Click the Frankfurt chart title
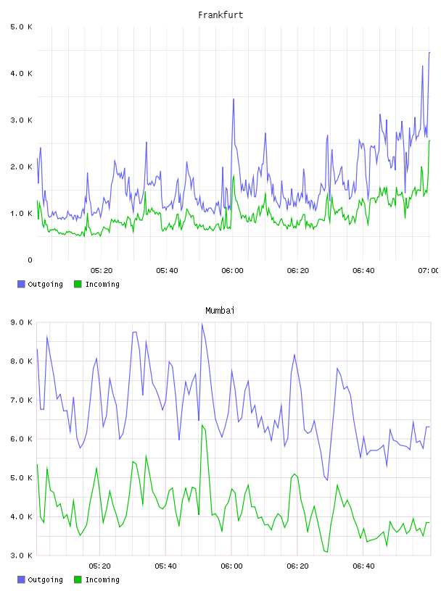tap(220, 15)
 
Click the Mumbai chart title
tap(220, 311)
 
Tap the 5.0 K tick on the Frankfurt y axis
tap(21, 27)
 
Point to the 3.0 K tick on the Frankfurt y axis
tap(21, 120)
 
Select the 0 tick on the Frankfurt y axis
tap(30, 260)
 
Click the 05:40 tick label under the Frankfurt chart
tap(167, 271)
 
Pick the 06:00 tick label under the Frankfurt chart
tap(232, 271)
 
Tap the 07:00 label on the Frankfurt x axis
tap(428, 271)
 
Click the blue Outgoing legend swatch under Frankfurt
tap(21, 284)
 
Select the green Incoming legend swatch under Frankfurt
tap(78, 284)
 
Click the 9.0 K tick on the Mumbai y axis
tap(21, 322)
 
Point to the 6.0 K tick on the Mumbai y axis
tap(21, 439)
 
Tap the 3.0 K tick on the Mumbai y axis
tap(21, 556)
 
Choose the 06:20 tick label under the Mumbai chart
tap(297, 566)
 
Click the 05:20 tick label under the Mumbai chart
tap(99, 566)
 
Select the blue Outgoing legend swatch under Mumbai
tap(21, 579)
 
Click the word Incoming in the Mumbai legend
tap(102, 580)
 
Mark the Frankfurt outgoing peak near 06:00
tap(234, 99)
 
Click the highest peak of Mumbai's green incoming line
tap(202, 425)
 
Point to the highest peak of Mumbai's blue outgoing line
tap(202, 324)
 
